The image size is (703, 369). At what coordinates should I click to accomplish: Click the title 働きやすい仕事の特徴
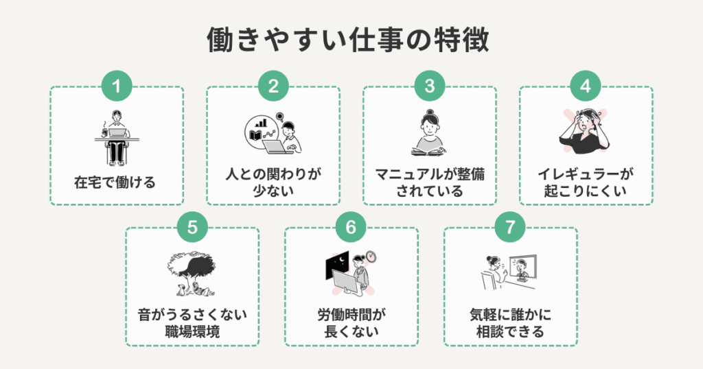(x=348, y=40)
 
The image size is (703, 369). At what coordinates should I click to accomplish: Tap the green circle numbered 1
(x=117, y=86)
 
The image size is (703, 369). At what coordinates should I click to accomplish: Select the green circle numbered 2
(x=273, y=86)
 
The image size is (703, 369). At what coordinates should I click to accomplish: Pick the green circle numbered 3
(x=430, y=86)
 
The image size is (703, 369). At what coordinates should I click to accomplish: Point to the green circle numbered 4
(x=586, y=86)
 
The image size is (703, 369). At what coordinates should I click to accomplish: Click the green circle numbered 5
(x=192, y=227)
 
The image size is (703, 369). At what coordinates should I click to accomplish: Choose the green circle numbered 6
(x=351, y=227)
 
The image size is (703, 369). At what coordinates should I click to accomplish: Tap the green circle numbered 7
(x=510, y=227)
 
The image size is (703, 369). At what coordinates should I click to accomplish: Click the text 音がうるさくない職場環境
(x=192, y=323)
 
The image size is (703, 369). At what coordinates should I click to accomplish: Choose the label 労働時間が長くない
(x=351, y=323)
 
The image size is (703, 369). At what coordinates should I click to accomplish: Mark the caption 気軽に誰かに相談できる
(x=510, y=323)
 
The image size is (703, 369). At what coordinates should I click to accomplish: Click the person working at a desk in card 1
(x=117, y=138)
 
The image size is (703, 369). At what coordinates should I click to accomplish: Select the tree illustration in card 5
(x=192, y=272)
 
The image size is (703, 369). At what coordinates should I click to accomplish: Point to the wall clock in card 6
(x=371, y=257)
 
